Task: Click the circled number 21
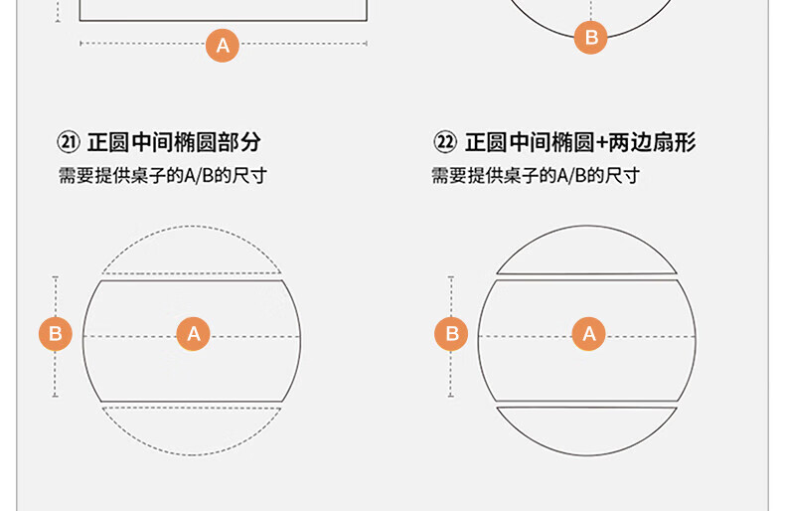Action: tap(69, 142)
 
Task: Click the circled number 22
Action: tap(445, 142)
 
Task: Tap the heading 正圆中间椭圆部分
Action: tap(174, 142)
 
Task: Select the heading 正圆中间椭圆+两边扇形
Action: tap(580, 142)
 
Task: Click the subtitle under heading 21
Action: tap(163, 176)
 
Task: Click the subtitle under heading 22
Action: tap(536, 176)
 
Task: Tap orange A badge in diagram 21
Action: tap(193, 334)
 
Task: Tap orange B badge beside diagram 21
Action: tap(55, 334)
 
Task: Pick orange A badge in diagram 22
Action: tap(588, 334)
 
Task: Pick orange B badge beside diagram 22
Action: tap(451, 334)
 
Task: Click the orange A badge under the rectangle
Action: tap(223, 46)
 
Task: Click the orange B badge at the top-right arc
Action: tap(591, 37)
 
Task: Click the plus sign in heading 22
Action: tap(601, 143)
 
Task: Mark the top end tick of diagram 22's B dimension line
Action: tap(451, 276)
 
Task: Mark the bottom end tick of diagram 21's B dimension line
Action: tap(55, 397)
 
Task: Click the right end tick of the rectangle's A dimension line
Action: tap(367, 44)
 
